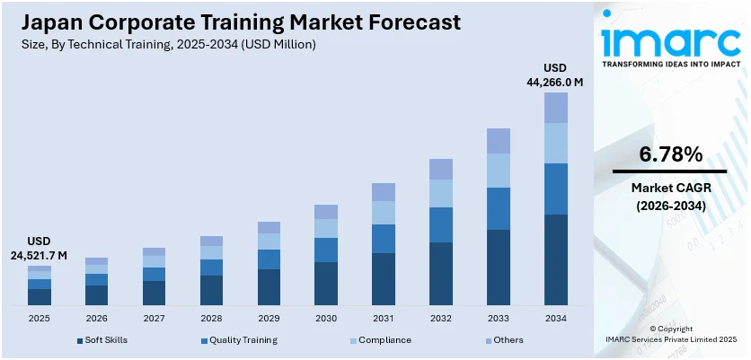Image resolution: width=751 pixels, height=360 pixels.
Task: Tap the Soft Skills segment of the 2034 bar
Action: point(556,259)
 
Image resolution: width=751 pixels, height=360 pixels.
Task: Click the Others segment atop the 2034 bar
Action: point(556,108)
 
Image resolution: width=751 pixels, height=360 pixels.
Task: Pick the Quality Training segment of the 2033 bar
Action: point(499,208)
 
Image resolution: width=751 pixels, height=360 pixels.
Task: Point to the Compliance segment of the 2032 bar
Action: point(441,193)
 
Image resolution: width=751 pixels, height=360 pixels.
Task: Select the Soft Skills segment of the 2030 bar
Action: point(326,283)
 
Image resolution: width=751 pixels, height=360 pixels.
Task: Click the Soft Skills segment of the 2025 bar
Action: point(40,296)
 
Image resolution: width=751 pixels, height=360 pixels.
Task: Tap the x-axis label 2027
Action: point(154,318)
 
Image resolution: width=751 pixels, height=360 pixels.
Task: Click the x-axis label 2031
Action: point(384,318)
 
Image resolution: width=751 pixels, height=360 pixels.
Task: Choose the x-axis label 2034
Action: point(556,318)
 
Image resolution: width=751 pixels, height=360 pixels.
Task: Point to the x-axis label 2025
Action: point(40,318)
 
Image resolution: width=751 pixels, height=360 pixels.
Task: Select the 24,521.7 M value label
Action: point(40,256)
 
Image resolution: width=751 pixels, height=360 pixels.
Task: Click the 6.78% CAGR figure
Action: point(670,154)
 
